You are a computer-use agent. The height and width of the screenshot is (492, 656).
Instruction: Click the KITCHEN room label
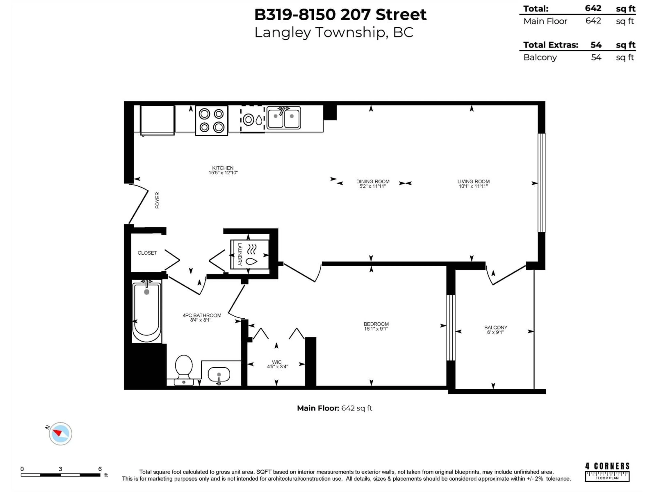click(x=223, y=168)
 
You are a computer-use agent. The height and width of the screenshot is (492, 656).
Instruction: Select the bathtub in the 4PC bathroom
click(x=147, y=311)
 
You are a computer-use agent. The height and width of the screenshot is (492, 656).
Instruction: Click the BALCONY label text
click(x=496, y=327)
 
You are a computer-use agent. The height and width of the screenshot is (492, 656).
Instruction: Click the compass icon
click(x=60, y=434)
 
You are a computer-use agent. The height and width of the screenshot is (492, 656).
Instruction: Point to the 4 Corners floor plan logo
click(x=607, y=472)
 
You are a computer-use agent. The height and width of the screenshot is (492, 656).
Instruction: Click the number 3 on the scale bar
click(x=60, y=469)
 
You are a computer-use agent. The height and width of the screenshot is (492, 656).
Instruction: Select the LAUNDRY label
click(x=240, y=254)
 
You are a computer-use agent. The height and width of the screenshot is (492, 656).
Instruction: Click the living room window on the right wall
click(x=542, y=182)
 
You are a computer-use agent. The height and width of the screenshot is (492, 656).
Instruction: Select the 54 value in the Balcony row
click(x=596, y=57)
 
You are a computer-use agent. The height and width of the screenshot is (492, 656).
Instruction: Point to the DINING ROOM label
click(x=373, y=181)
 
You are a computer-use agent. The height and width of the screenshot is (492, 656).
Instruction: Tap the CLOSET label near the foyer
click(x=147, y=253)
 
